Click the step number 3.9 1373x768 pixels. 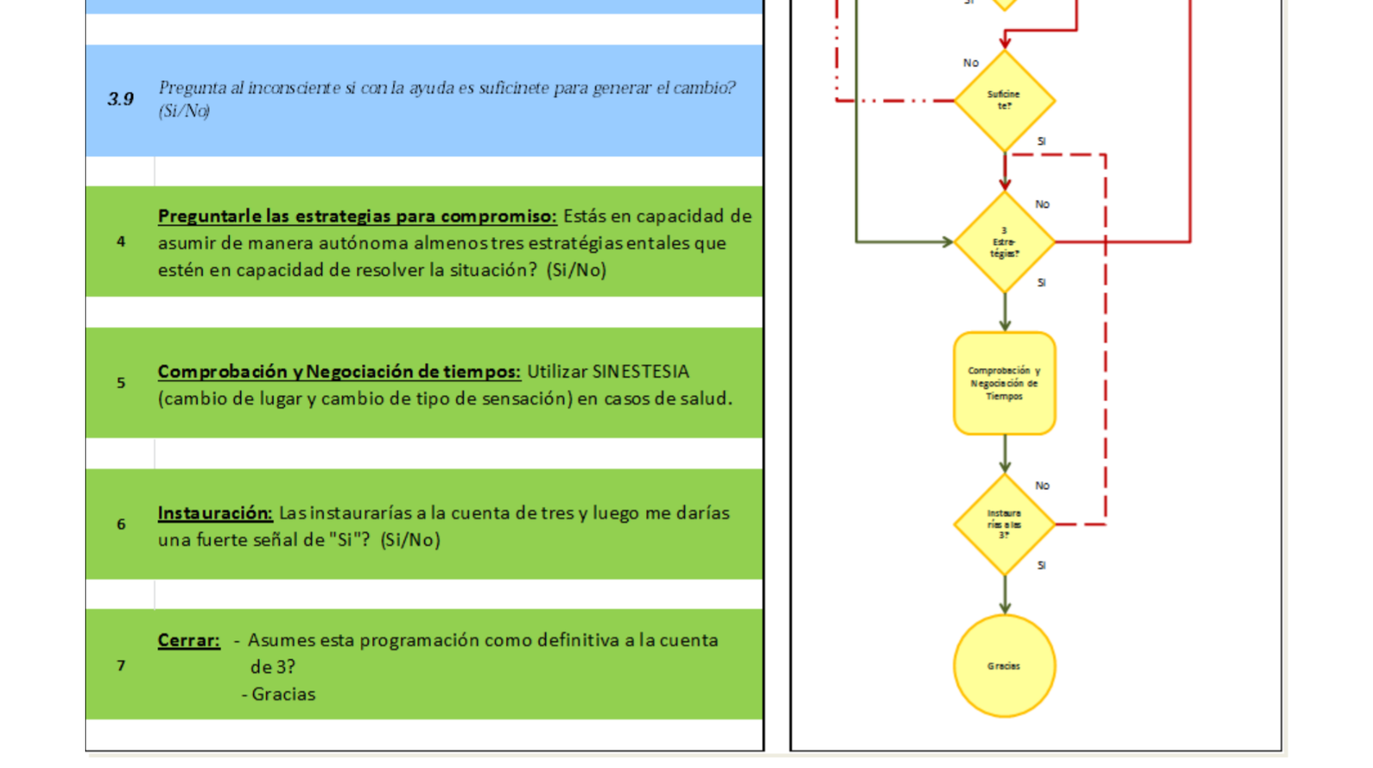(121, 100)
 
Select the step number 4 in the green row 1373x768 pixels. (121, 242)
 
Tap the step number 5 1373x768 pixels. (121, 383)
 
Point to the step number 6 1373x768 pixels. (121, 524)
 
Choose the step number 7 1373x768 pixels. (121, 666)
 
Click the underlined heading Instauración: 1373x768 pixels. (215, 513)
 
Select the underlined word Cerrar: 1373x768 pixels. (189, 640)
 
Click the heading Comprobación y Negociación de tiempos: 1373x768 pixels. (339, 372)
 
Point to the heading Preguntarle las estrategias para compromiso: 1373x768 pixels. (357, 216)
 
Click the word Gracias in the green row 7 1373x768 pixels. (283, 694)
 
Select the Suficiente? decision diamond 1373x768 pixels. (1004, 100)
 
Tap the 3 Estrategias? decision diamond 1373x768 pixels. (1004, 242)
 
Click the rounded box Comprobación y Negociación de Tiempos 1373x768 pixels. (1004, 384)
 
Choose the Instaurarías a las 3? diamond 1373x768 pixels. (1004, 524)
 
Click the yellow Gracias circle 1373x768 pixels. (1004, 666)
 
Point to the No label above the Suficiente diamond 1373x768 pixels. (971, 63)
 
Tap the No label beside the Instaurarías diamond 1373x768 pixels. (1042, 486)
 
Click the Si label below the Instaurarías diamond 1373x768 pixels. (1042, 565)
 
